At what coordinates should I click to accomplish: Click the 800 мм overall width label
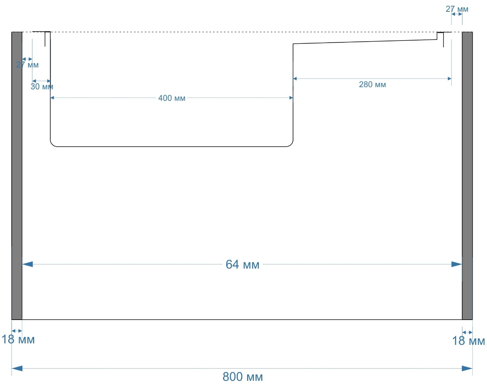pos(242,376)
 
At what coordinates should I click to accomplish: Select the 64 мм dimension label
pos(242,265)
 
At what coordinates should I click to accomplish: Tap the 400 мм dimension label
pos(172,98)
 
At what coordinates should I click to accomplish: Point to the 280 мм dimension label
pos(372,85)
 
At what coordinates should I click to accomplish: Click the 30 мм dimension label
pos(42,87)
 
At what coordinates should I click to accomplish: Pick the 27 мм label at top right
pos(457,9)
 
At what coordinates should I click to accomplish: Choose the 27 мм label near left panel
pos(27,65)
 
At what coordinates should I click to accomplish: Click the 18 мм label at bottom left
pos(18,340)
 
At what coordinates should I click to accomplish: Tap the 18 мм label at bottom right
pos(468,341)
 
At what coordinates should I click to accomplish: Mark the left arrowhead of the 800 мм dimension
pos(17,368)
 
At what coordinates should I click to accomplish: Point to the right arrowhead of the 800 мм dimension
pos(467,368)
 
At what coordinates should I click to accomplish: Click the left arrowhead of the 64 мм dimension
pos(27,264)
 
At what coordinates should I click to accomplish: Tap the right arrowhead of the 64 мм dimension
pos(457,264)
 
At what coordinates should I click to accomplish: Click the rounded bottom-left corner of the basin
pos(52,144)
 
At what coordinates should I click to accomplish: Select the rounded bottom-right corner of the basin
pos(290,144)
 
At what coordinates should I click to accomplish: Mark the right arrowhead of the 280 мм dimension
pos(450,79)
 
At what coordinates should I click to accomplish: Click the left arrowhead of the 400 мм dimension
pos(52,98)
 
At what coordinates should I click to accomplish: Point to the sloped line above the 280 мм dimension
pos(365,42)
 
